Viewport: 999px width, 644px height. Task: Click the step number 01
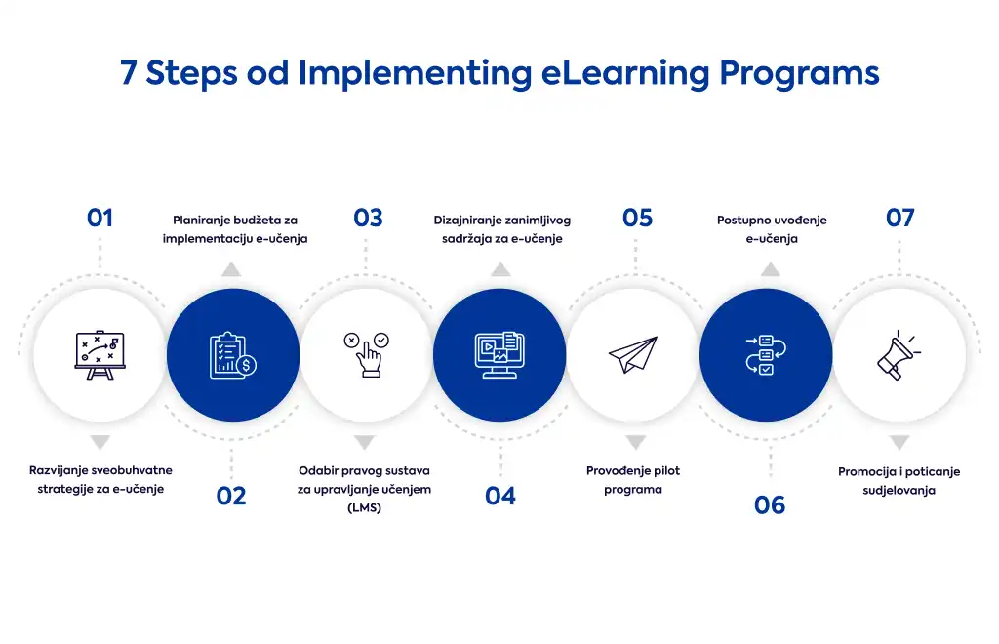[100, 218]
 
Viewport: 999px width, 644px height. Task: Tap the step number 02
[230, 496]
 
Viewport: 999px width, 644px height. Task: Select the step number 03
[368, 218]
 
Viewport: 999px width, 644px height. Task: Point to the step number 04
[500, 496]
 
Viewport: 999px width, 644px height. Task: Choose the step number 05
[637, 218]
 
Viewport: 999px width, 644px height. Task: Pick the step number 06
[770, 505]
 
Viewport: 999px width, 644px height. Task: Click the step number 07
[899, 218]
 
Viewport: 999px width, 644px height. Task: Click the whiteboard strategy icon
[100, 355]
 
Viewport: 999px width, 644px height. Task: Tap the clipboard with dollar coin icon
[232, 355]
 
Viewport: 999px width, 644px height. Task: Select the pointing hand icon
[367, 354]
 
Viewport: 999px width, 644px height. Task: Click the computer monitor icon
[499, 355]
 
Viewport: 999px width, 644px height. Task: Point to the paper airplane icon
[632, 355]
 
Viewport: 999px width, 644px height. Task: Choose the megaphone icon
[899, 355]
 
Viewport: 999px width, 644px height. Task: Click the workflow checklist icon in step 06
[766, 355]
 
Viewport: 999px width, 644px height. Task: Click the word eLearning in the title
[625, 73]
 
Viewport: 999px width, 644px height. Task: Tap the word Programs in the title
[800, 74]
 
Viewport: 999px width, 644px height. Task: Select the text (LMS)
[365, 507]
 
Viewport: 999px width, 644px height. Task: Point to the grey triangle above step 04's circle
[500, 269]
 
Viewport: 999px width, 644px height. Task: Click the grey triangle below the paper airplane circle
[635, 442]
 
